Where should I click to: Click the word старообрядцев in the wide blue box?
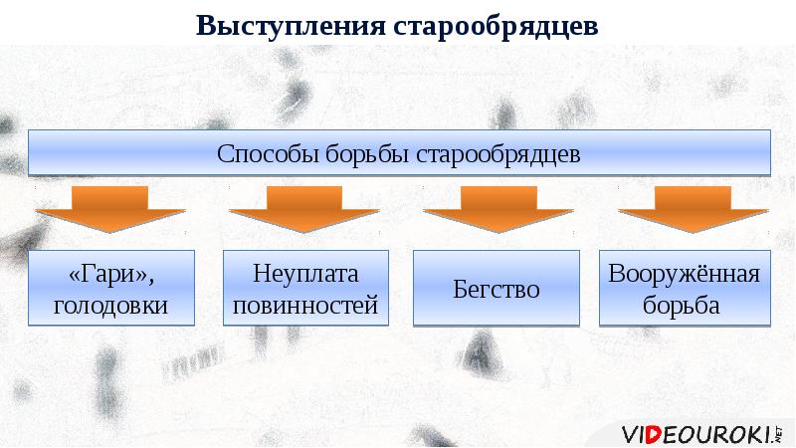498,154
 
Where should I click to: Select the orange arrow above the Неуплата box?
304,209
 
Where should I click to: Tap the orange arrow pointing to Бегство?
497,209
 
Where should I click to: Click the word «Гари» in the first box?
111,274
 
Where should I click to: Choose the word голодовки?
111,305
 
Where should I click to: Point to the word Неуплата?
304,274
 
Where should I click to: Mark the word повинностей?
304,305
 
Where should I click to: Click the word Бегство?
497,290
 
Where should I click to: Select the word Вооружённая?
685,274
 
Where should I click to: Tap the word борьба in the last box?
685,305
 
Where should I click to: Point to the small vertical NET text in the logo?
779,432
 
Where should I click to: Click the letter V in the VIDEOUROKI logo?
630,434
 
